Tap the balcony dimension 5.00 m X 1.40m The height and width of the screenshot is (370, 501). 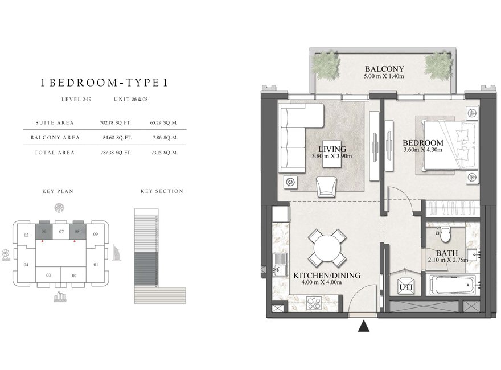click(x=384, y=75)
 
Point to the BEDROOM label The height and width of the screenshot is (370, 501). click(x=422, y=142)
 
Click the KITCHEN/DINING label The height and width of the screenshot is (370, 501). click(x=327, y=276)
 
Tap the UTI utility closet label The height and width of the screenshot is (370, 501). click(x=405, y=287)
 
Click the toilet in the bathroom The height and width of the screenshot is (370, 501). click(x=446, y=234)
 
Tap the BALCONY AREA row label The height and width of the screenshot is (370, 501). click(x=58, y=137)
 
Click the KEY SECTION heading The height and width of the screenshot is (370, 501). click(x=162, y=191)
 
